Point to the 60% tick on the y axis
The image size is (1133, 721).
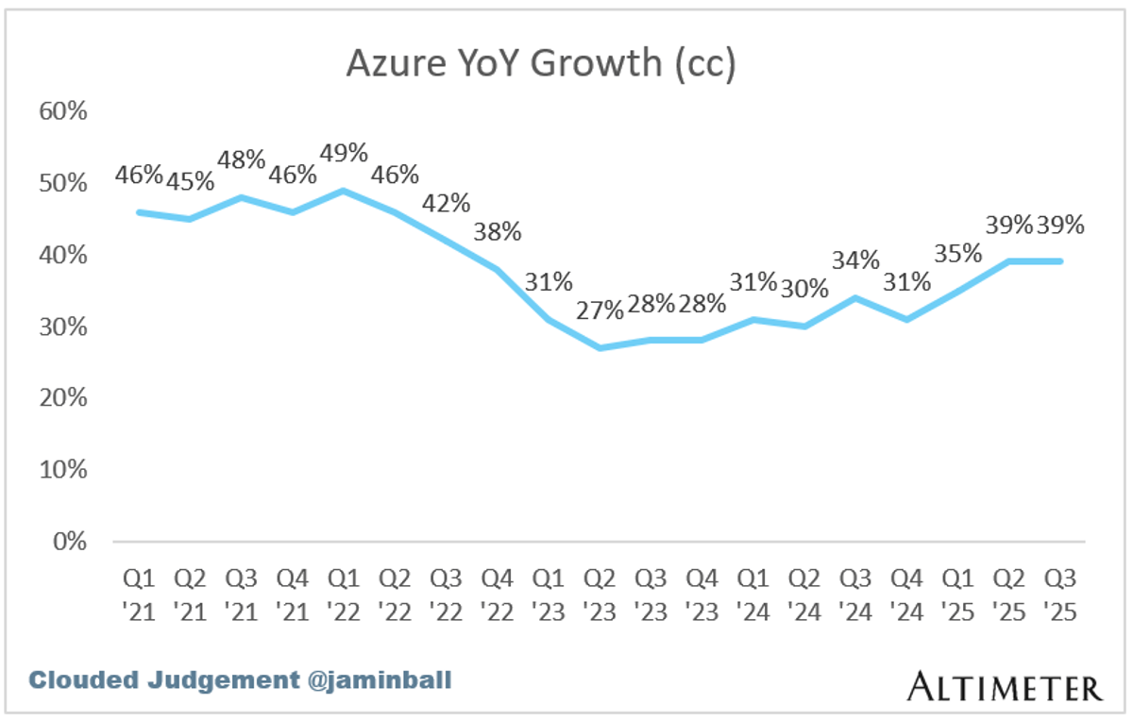tap(62, 111)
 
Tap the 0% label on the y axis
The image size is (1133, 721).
tap(69, 542)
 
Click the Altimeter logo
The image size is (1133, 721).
tap(1004, 686)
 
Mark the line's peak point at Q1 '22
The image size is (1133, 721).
tap(344, 191)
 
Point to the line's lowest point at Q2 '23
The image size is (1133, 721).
tap(600, 348)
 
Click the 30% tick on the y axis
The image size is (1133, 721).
tap(62, 327)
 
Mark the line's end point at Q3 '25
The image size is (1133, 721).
tap(1060, 261)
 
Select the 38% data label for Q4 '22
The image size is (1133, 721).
tap(498, 231)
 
